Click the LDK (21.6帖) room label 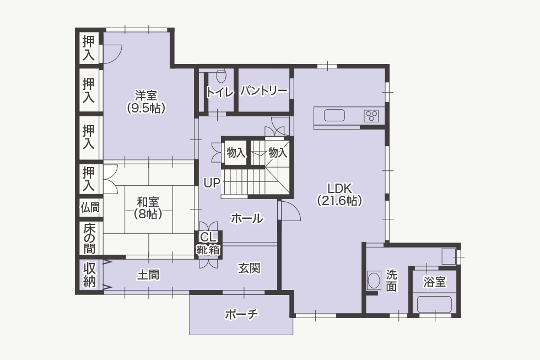click(339, 194)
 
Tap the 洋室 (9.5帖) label click(146, 101)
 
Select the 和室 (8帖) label click(148, 208)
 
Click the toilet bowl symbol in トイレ click(221, 76)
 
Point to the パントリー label click(264, 91)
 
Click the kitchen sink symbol click(334, 115)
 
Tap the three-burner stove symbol click(371, 116)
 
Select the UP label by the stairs click(212, 183)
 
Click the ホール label click(247, 218)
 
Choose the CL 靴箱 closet click(209, 244)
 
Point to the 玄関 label click(249, 268)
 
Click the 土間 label click(148, 275)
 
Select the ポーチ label click(241, 314)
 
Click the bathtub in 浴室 click(434, 304)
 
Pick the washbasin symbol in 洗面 click(374, 281)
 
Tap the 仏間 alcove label click(90, 207)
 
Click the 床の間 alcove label click(89, 238)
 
